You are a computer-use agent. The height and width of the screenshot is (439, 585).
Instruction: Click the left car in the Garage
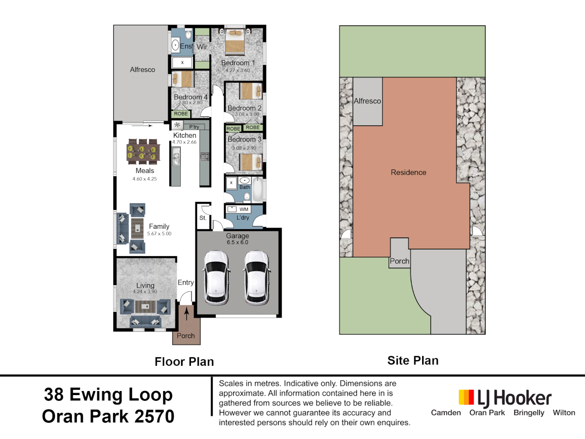[x=216, y=278]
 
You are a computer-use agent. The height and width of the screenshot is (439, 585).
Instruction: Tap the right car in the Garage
[x=257, y=278]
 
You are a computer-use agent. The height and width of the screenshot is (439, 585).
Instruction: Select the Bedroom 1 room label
[x=238, y=63]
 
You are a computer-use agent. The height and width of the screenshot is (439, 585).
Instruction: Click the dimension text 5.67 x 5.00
[x=159, y=234]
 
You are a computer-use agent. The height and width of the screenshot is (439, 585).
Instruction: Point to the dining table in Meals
[x=143, y=151]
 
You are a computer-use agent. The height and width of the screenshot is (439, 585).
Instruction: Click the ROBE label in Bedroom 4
[x=181, y=114]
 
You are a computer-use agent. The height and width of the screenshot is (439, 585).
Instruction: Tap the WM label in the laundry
[x=244, y=209]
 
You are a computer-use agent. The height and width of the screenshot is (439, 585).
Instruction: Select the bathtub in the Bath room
[x=258, y=189]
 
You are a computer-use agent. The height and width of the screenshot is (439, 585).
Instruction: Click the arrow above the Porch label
[x=186, y=313]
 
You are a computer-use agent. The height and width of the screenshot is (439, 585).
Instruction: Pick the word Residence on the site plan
[x=408, y=172]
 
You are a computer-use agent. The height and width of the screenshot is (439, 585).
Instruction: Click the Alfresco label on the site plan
[x=367, y=101]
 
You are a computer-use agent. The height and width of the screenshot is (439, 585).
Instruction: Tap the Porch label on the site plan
[x=399, y=261]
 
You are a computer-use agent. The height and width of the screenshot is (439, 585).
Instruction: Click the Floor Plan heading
[x=184, y=362]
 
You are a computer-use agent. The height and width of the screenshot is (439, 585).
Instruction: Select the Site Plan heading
[x=413, y=361]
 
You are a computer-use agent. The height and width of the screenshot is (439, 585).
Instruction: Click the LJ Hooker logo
[x=505, y=398]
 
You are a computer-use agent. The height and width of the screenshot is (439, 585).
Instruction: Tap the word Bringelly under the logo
[x=529, y=413]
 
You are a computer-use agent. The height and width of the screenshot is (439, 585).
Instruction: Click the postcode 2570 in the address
[x=154, y=417]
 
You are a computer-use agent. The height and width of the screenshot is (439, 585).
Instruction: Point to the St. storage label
[x=203, y=218]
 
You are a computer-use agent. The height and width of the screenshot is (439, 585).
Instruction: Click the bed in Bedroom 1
[x=235, y=41]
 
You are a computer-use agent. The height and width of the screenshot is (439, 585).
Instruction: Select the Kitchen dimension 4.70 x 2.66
[x=184, y=142]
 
